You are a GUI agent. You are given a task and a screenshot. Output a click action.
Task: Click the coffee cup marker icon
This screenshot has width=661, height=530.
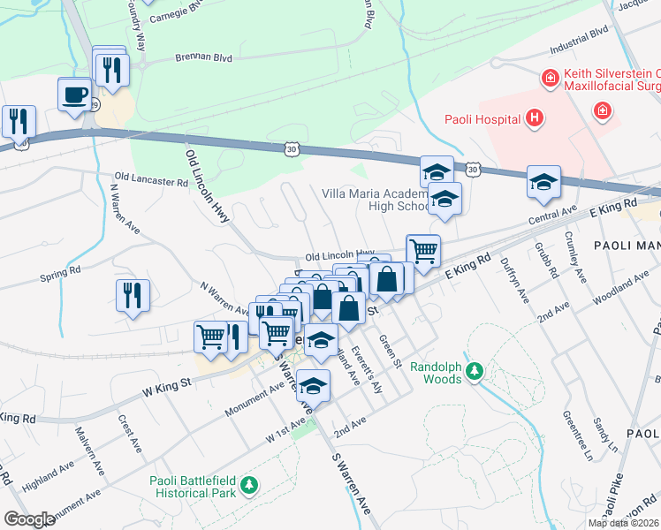(74, 94)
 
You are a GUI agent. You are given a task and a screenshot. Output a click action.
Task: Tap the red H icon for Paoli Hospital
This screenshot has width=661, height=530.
(533, 117)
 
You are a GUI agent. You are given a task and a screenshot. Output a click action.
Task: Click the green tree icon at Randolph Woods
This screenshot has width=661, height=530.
(475, 368)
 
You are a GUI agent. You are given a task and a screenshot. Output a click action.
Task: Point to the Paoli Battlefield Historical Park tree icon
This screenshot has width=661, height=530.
(250, 485)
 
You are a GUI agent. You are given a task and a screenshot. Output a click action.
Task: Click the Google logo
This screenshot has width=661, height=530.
(29, 519)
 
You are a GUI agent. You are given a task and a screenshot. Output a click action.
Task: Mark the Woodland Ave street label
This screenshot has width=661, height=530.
(620, 291)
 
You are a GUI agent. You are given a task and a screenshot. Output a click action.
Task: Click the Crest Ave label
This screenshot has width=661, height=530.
(125, 434)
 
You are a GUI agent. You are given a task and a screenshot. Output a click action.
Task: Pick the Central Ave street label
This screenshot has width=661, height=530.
(552, 216)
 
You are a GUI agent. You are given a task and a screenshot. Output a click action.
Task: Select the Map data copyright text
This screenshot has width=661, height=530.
(623, 523)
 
